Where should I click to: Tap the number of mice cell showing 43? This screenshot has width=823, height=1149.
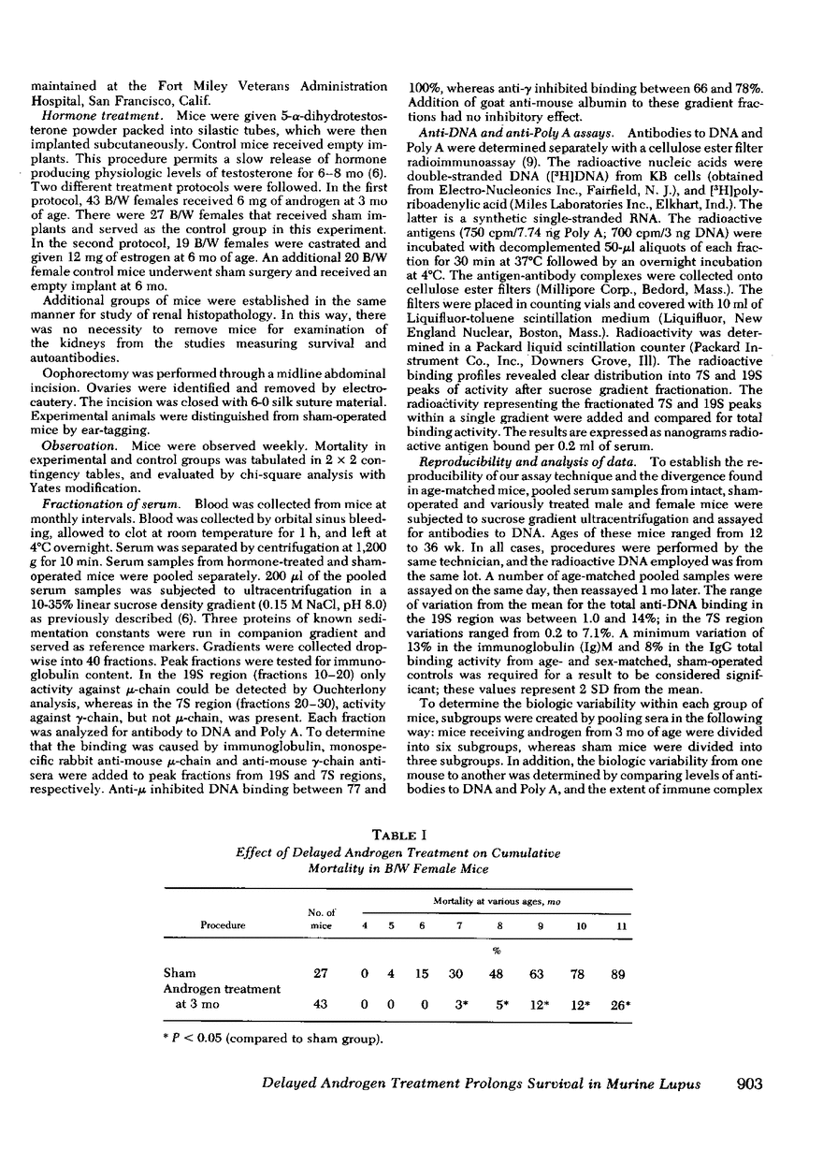pyautogui.click(x=320, y=1009)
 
